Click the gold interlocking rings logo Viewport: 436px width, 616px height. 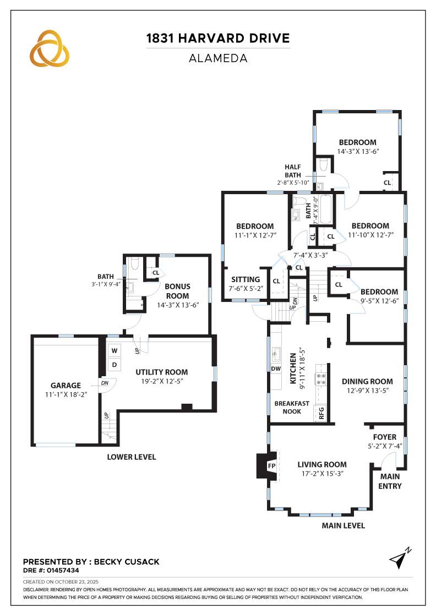tap(50, 48)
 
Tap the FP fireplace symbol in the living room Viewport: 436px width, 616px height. tap(271, 466)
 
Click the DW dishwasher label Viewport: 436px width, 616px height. tap(275, 369)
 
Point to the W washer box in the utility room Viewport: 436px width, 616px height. tap(115, 350)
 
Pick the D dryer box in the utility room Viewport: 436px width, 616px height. tap(115, 364)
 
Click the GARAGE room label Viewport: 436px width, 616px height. tap(66, 386)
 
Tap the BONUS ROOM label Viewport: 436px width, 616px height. tap(178, 291)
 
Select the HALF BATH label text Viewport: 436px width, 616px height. tap(293, 170)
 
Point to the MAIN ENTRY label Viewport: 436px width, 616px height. tap(390, 482)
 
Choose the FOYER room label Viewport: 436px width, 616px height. tap(384, 437)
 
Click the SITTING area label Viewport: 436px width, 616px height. tap(246, 279)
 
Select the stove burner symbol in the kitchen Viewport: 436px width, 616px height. tap(320, 378)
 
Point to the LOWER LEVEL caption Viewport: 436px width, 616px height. tap(132, 457)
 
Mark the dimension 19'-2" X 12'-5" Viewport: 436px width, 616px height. tap(161, 382)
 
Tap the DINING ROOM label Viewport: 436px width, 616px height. tap(367, 382)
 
